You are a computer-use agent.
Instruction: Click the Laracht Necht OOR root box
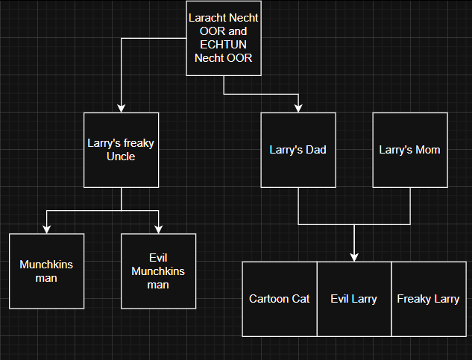[x=224, y=39]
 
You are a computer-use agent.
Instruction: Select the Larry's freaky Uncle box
[x=121, y=150]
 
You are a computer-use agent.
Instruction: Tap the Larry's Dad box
[x=298, y=150]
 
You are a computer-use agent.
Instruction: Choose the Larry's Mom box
[x=409, y=150]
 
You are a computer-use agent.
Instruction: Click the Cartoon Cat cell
[x=280, y=299]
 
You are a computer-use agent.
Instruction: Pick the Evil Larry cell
[x=354, y=299]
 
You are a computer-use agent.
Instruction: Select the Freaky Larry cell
[x=428, y=299]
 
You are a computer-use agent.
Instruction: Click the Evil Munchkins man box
[x=158, y=271]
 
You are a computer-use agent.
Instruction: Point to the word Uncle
[x=121, y=157]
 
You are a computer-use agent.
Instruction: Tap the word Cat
[x=300, y=299]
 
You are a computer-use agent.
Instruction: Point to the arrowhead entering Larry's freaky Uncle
[x=121, y=109]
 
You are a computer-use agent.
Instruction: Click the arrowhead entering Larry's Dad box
[x=298, y=109]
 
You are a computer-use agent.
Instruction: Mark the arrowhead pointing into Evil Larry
[x=354, y=257]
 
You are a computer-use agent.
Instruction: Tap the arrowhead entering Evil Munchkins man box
[x=158, y=230]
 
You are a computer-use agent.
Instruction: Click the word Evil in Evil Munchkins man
[x=158, y=259]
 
